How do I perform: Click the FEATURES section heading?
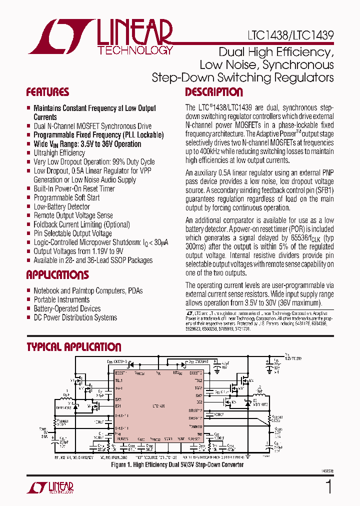(x=47, y=92)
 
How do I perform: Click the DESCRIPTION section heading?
(x=214, y=92)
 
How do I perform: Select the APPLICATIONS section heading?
(x=57, y=275)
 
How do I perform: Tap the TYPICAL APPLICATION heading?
(x=73, y=347)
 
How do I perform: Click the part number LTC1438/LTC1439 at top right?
(x=290, y=36)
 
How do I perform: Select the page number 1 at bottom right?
(x=328, y=487)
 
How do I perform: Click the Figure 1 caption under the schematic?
(x=177, y=464)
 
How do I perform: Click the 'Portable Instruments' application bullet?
(x=61, y=299)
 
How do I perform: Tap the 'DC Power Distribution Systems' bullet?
(x=75, y=317)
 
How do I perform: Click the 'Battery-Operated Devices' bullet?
(x=67, y=308)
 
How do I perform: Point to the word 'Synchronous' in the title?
(x=298, y=65)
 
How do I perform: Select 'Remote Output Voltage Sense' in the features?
(x=73, y=215)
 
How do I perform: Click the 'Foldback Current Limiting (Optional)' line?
(x=81, y=224)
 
